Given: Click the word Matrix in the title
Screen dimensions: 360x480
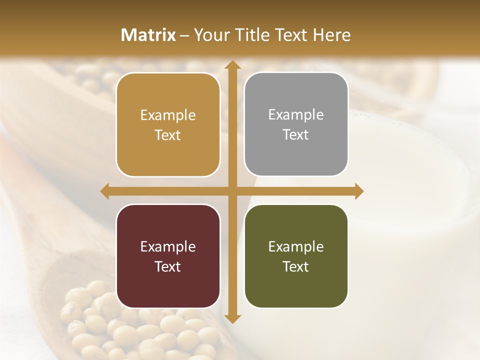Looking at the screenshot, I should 148,35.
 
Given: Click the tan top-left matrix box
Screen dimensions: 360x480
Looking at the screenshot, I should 168,124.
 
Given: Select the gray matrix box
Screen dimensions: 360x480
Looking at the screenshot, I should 296,124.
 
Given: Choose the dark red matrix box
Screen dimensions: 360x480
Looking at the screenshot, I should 168,256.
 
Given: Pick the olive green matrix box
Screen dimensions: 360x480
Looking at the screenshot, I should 296,256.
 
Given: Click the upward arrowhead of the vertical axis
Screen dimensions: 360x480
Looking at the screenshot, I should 232,65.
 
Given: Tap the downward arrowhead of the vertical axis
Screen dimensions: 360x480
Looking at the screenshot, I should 232,318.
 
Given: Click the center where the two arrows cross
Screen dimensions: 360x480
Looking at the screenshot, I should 232,191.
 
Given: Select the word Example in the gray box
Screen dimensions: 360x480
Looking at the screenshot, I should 296,115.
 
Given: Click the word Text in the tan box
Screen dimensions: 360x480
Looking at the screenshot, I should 168,135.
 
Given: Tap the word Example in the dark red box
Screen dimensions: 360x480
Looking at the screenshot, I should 168,246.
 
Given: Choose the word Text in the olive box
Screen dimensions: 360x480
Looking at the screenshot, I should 296,266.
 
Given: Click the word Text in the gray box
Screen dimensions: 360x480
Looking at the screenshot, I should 296,135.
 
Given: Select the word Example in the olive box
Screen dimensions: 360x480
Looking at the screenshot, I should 296,246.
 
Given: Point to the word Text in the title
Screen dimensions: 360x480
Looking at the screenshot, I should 290,35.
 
